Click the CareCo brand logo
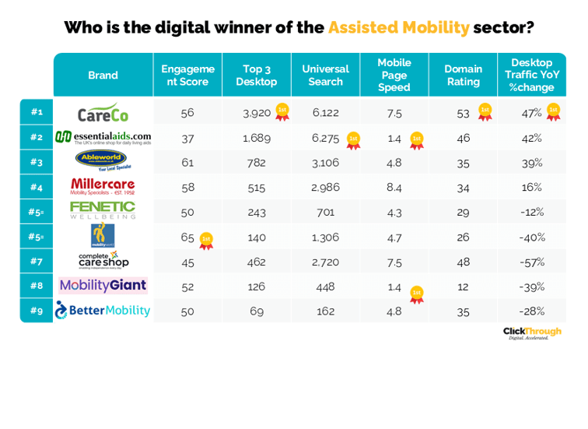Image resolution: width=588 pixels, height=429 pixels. (x=103, y=113)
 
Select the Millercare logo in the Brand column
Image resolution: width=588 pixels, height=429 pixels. (x=103, y=186)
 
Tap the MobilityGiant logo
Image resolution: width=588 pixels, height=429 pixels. (x=103, y=286)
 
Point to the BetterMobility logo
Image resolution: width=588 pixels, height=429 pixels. (x=103, y=311)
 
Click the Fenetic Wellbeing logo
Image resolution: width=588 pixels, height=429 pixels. (x=103, y=211)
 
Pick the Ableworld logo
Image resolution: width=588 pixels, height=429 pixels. (x=101, y=161)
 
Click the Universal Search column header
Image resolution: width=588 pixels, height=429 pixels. (x=325, y=75)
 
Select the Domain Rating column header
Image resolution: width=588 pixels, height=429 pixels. (x=463, y=75)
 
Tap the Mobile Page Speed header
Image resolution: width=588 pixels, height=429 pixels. (x=394, y=75)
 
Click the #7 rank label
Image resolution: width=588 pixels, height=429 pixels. (x=37, y=262)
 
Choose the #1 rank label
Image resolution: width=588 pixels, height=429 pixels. (x=37, y=112)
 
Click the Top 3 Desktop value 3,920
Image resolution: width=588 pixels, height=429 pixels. (x=256, y=113)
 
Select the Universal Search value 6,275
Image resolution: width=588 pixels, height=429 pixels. (x=325, y=138)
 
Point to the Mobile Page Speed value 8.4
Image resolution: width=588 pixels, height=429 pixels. (x=394, y=187)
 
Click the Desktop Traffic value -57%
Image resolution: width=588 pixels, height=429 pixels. (x=532, y=262)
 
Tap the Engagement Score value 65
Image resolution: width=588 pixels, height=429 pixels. (x=187, y=237)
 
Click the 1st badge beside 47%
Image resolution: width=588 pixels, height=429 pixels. (x=553, y=112)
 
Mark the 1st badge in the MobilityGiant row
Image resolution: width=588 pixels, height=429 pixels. (x=416, y=294)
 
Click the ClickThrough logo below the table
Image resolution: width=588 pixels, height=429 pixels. (x=531, y=332)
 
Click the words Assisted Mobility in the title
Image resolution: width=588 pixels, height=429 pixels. (x=398, y=28)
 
